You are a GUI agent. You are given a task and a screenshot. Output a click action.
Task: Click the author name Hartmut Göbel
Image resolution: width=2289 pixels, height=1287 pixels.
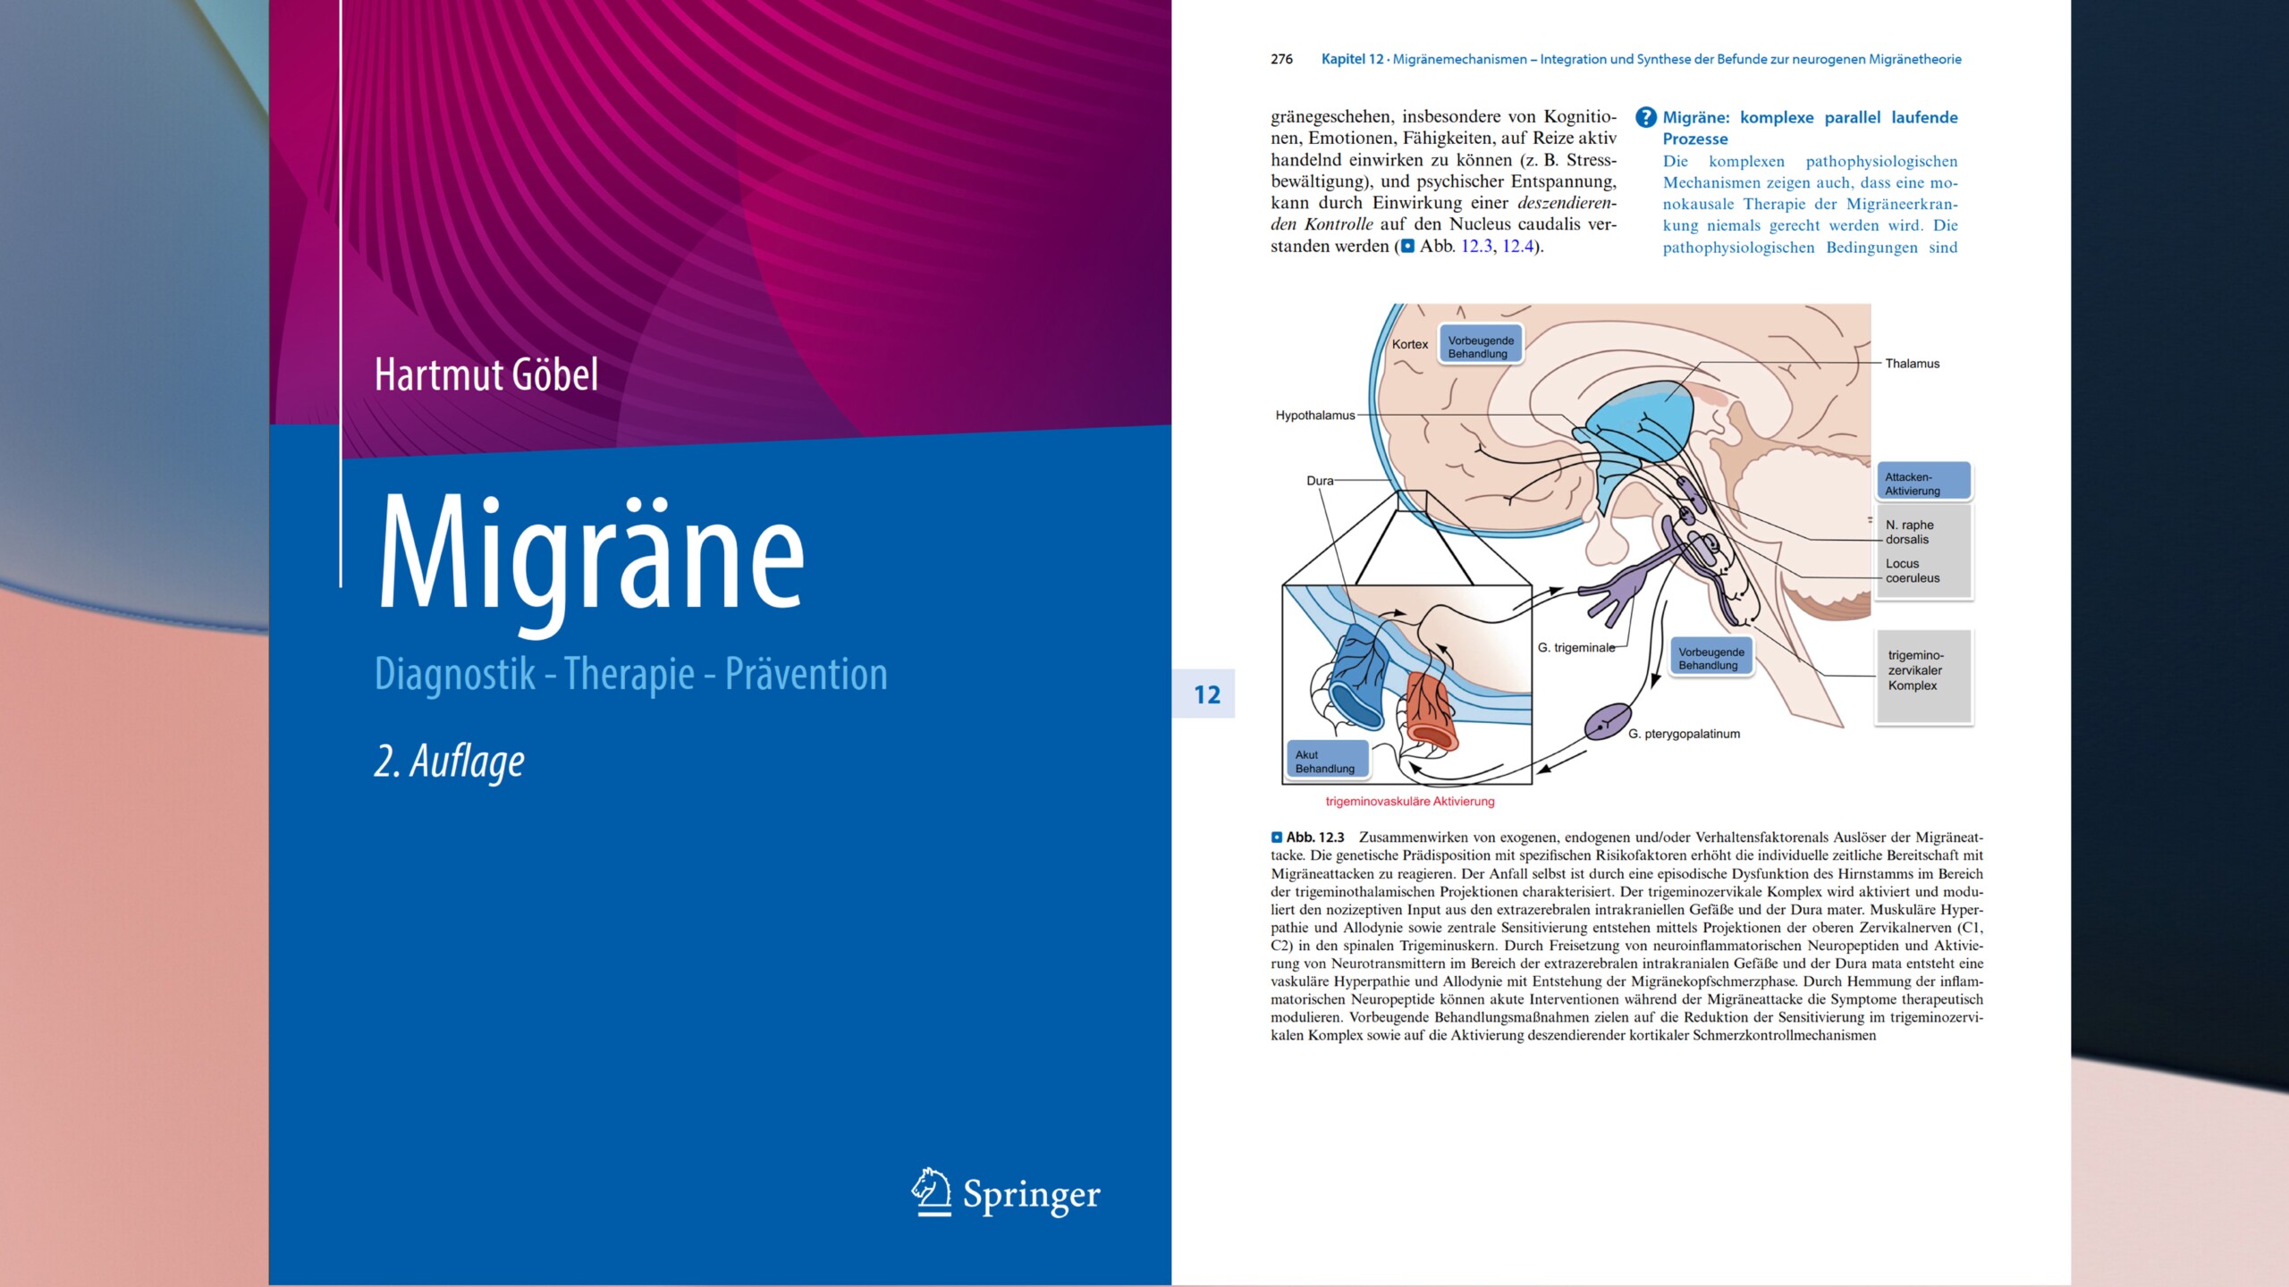486,374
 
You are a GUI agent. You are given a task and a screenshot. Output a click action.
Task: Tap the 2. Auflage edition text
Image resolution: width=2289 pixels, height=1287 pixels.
449,762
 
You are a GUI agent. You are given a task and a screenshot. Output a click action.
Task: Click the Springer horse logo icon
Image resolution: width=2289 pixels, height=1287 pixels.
931,1192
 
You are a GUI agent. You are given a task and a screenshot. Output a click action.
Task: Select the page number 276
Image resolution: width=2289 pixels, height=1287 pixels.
1281,59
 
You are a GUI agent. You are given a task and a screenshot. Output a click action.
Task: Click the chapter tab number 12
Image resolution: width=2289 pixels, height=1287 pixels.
1206,694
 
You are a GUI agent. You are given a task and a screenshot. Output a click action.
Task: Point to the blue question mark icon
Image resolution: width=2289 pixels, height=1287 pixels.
1645,117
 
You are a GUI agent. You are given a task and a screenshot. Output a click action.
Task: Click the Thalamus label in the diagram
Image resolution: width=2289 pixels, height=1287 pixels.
1912,363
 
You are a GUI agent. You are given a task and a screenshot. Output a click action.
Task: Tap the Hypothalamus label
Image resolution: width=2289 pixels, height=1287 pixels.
1315,416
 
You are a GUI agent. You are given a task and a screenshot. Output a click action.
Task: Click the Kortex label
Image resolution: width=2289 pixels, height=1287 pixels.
1410,344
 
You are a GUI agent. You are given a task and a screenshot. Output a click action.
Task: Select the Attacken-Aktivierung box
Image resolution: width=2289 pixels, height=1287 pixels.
1923,482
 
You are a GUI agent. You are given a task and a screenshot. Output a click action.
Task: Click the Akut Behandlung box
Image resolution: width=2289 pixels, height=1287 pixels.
1327,761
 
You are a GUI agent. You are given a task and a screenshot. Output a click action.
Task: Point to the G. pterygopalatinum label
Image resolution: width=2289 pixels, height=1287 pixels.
1684,734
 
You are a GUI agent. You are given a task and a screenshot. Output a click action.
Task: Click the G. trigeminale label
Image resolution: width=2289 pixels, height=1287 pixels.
1576,647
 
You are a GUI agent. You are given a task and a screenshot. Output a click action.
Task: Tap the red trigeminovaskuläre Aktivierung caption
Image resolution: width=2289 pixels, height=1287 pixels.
1410,802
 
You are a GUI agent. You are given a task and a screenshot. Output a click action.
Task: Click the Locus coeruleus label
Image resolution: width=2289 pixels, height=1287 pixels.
1913,571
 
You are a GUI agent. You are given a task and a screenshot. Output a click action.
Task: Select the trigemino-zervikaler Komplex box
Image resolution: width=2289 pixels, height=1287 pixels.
1924,677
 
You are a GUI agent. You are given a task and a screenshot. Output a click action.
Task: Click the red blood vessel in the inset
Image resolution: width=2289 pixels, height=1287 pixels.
1430,711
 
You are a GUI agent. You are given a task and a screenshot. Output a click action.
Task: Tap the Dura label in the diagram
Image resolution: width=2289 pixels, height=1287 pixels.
1320,481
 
